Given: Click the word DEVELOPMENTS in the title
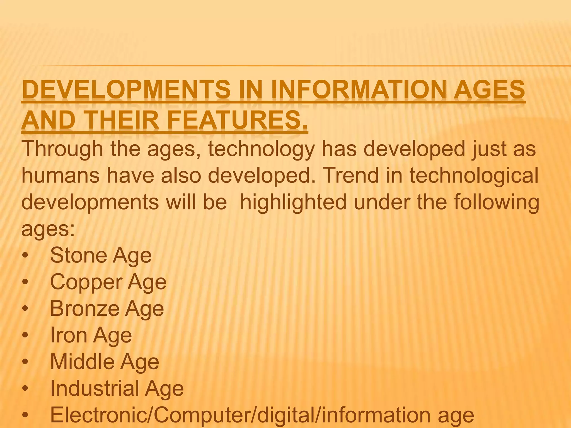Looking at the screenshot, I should [126, 90].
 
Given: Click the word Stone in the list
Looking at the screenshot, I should [78, 255].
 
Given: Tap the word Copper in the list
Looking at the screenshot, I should [86, 282].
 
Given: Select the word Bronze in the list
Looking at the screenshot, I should [85, 308].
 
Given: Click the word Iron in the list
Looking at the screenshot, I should [69, 335].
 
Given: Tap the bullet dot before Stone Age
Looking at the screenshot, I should [26, 256].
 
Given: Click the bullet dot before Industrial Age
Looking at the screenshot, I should [26, 389].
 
